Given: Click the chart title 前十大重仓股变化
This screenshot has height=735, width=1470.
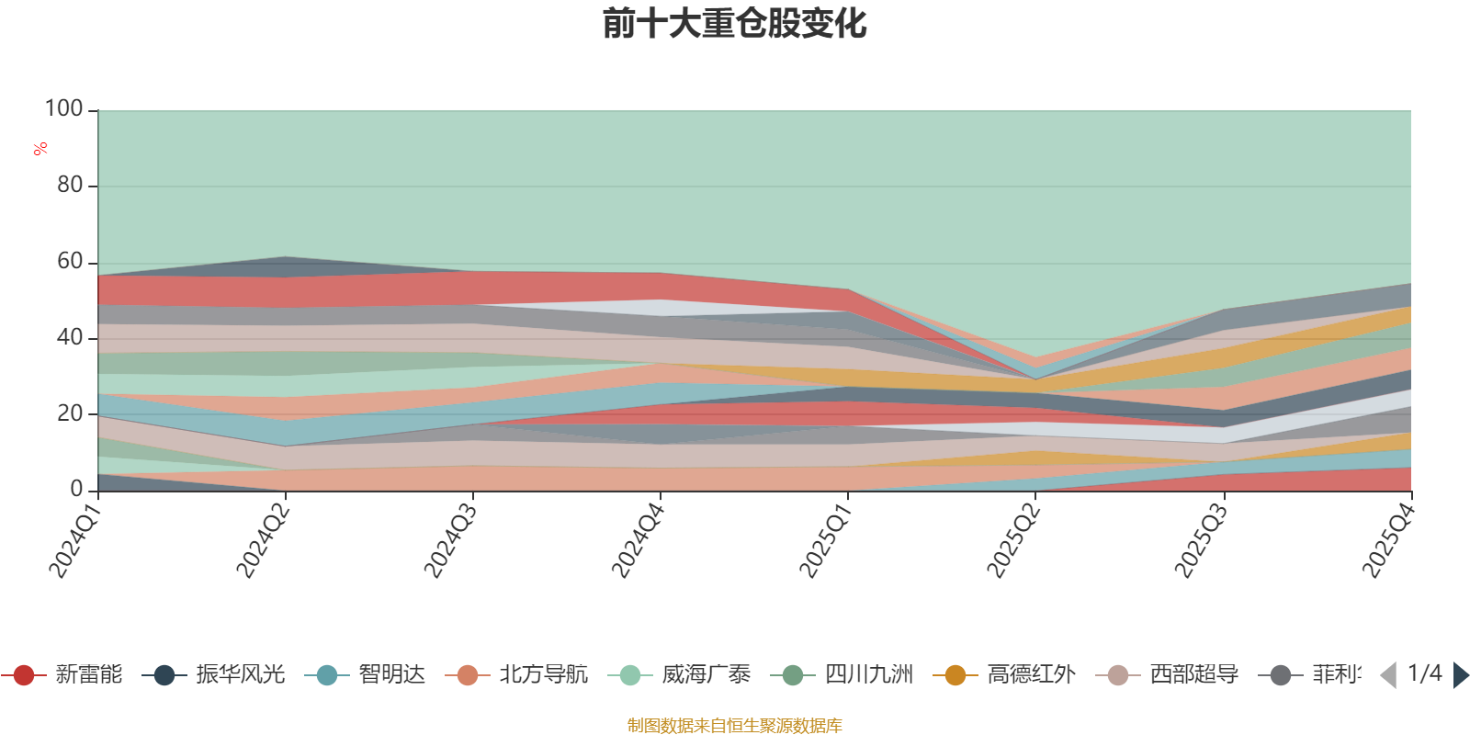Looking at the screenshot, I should [734, 24].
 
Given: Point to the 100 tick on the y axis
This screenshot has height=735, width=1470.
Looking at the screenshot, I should [64, 108].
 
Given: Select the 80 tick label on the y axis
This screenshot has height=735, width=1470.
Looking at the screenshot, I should [70, 185].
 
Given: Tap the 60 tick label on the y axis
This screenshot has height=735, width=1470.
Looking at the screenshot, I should [70, 261].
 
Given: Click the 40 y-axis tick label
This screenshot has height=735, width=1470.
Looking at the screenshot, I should [70, 337].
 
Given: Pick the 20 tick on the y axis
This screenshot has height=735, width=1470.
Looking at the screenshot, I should [70, 413].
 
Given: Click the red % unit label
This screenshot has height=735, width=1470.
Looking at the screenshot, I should [40, 149].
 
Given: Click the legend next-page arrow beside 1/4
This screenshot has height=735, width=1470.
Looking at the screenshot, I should [1460, 675].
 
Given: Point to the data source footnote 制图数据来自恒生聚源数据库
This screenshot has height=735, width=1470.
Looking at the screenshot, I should [734, 726].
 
